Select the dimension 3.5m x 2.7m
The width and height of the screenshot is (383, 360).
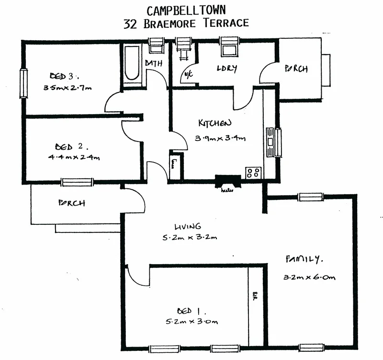click(x=67, y=88)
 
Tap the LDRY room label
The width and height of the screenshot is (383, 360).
click(x=227, y=69)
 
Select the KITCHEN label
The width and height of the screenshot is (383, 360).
click(x=215, y=123)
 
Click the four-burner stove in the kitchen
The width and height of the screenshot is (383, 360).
click(x=254, y=173)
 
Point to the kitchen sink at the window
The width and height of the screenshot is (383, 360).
click(x=271, y=142)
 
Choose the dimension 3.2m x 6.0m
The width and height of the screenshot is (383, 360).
click(x=309, y=277)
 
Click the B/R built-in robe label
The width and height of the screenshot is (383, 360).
click(x=254, y=294)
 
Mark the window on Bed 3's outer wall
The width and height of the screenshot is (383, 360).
click(x=22, y=83)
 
